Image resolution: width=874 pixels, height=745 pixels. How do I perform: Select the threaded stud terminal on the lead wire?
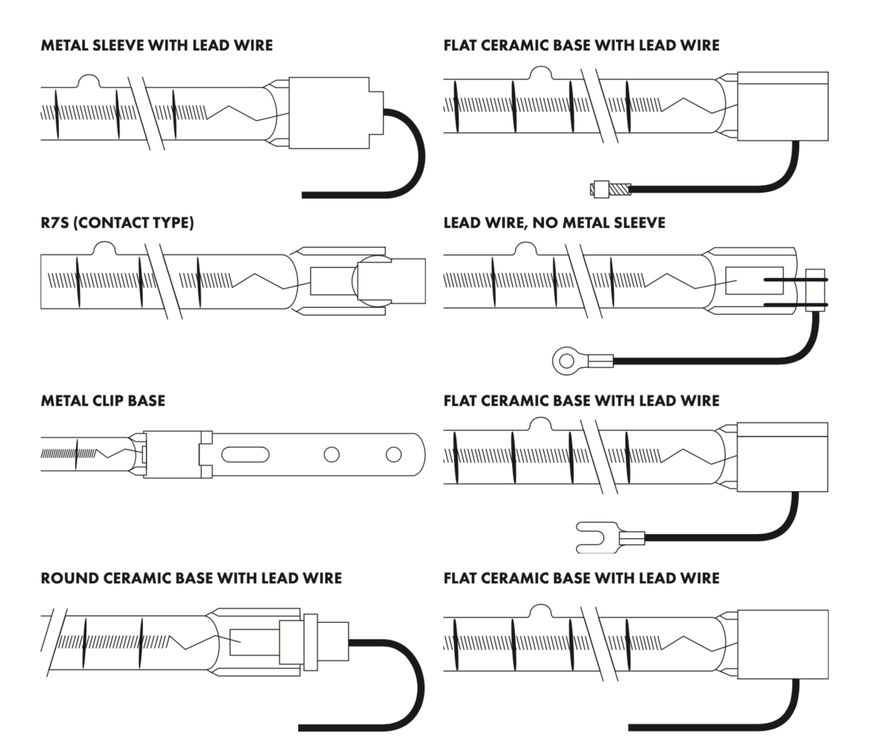[611, 189]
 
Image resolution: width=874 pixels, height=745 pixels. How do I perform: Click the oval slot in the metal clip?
[245, 454]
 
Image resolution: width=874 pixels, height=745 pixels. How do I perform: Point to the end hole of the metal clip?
[393, 454]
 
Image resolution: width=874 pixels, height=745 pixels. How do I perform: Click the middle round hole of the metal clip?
[332, 454]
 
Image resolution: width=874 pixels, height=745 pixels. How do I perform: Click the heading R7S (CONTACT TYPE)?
[117, 223]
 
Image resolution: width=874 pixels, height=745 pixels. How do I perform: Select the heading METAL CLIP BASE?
[103, 401]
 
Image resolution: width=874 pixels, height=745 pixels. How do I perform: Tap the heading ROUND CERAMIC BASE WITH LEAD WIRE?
[191, 578]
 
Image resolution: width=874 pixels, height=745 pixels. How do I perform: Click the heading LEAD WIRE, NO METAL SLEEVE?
[554, 223]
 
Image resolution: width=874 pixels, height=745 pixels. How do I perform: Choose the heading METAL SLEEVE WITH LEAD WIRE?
[157, 45]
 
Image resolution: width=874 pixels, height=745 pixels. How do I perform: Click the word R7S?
[55, 223]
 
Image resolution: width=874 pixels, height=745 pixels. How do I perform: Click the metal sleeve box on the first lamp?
[329, 113]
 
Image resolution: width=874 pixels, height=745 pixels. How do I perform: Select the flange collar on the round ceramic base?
[310, 642]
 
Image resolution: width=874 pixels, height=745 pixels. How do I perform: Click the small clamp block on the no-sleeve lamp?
[815, 290]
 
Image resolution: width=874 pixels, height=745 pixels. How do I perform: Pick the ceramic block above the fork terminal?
[782, 457]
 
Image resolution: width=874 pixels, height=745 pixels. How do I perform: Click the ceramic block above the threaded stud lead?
[782, 106]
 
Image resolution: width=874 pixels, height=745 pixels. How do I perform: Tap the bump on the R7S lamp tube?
[104, 248]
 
